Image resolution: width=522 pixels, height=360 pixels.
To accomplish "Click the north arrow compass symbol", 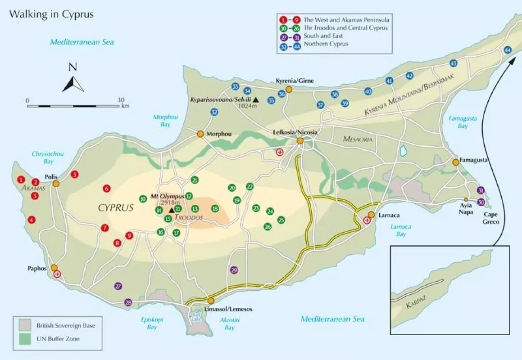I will point(73,82).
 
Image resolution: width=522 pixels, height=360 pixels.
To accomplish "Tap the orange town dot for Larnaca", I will point(371,215).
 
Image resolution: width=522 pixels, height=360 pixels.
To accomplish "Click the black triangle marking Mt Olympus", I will point(172,210).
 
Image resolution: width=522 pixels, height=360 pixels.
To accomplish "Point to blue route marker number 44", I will point(508,50).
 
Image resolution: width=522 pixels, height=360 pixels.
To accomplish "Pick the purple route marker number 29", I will point(234,270).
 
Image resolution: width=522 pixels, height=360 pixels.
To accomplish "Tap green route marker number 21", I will point(195,180).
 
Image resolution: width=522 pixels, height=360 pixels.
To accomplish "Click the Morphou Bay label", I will point(165,121).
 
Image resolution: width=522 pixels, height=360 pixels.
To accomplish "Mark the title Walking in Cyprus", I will point(51,14).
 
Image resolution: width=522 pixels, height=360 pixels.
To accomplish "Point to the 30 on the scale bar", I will point(121,100).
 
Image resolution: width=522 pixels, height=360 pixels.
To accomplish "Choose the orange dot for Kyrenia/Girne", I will point(289,90).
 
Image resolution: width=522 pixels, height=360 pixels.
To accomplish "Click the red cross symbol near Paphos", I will point(57,274).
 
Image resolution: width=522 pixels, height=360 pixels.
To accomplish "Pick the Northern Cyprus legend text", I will point(326,44).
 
